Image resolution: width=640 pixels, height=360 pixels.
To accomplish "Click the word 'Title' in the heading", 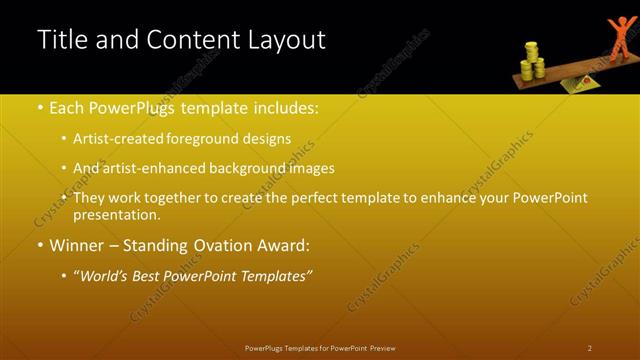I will [59, 40].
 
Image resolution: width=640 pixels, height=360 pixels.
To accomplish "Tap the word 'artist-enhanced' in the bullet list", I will [154, 169].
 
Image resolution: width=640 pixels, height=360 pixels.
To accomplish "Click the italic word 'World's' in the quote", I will [107, 275].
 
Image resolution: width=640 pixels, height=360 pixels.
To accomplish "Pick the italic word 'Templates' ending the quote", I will [274, 275].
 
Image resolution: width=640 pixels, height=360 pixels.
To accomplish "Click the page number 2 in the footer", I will [589, 348].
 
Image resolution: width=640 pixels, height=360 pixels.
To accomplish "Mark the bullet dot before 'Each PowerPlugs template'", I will [39, 108].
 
